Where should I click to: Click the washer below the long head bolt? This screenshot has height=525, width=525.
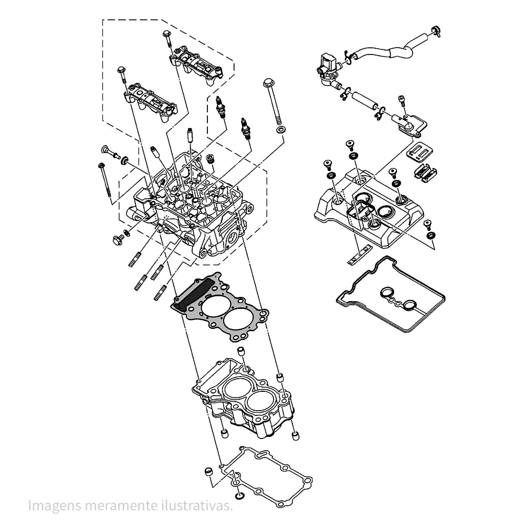point(281,129)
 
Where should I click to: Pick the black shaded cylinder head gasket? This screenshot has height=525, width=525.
point(220,307)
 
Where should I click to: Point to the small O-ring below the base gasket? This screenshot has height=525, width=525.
point(240,495)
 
